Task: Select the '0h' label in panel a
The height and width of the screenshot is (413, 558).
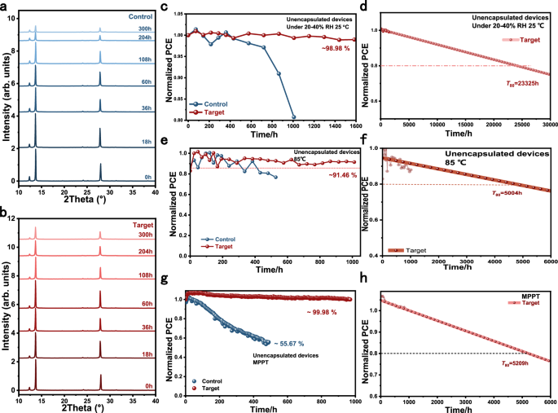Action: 147,176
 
